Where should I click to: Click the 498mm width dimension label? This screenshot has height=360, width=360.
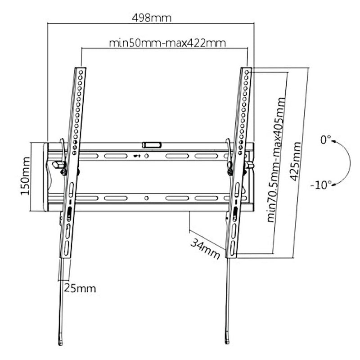pos(152,18)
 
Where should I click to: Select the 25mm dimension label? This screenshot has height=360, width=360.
pos(80,288)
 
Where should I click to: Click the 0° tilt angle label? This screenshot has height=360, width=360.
pos(325,140)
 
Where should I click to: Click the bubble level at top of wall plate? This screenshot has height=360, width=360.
pos(152,145)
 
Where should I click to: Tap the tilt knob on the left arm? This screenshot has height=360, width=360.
pos(58,165)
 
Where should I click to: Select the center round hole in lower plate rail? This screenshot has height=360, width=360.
pos(147,198)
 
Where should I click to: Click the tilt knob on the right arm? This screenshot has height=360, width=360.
pos(249,165)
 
